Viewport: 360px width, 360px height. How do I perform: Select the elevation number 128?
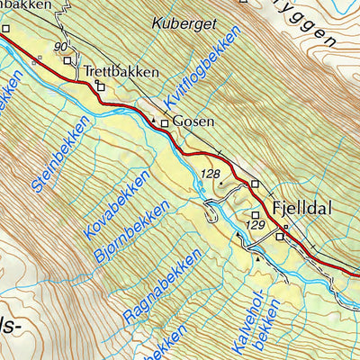[x=211, y=173]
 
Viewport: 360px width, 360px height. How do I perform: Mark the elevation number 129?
[x=256, y=224]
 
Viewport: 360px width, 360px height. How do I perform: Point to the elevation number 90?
[x=60, y=46]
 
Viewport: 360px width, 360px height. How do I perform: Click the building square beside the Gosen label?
[x=165, y=123]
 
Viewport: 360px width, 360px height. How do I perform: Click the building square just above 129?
[x=256, y=213]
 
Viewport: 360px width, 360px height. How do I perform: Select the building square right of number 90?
[x=68, y=60]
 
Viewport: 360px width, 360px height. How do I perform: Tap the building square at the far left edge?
[x=4, y=28]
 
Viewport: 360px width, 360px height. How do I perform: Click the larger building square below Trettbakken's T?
[x=100, y=86]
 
